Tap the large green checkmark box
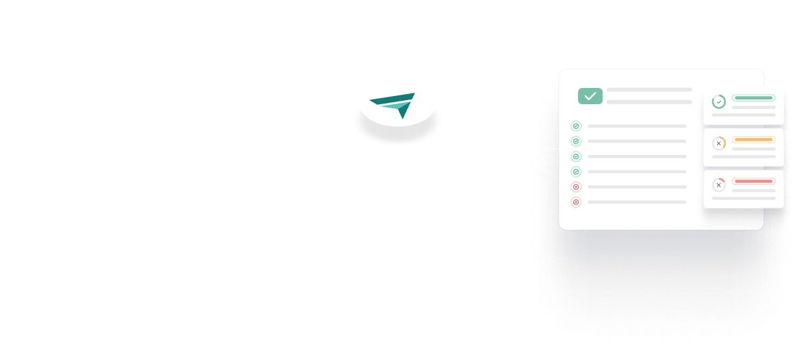pyautogui.click(x=590, y=96)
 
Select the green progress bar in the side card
pyautogui.click(x=753, y=98)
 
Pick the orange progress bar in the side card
pyautogui.click(x=753, y=140)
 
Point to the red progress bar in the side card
pyautogui.click(x=753, y=181)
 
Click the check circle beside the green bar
pyautogui.click(x=718, y=102)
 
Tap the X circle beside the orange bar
pyautogui.click(x=718, y=143)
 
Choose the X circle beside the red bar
pyautogui.click(x=718, y=185)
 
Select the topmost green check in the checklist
pyautogui.click(x=576, y=126)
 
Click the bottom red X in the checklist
pyautogui.click(x=576, y=202)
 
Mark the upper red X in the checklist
pyautogui.click(x=576, y=187)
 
